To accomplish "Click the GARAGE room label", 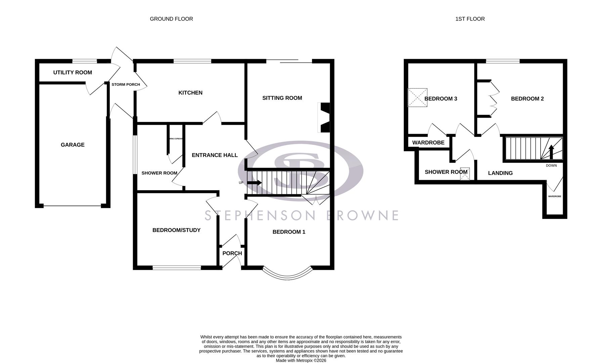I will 73,145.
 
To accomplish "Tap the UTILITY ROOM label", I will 73,73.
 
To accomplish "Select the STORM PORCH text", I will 126,84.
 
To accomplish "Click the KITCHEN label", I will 190,93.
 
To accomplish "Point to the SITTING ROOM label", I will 282,98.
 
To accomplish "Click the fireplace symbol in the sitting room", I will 324,118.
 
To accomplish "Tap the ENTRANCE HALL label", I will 215,155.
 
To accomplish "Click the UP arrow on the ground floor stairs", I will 254,183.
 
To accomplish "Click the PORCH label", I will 232,253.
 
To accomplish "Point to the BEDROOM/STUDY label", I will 176,230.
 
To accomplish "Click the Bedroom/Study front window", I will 177,268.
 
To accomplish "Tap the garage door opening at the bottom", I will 72,206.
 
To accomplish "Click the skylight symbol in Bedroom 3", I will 417,98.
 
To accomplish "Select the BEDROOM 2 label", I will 527,99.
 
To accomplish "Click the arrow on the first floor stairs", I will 551,152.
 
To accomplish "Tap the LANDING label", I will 500,173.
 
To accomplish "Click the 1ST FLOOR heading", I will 470,19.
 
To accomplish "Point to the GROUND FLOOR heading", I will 171,19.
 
